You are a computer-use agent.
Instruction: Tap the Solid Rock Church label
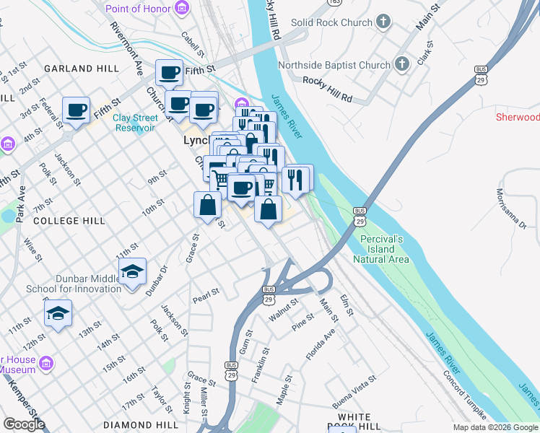pos(331,22)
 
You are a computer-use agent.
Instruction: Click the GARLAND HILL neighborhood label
pos(82,69)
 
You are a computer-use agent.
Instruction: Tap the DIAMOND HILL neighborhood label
pos(141,425)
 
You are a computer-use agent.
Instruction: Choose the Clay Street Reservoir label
pos(135,123)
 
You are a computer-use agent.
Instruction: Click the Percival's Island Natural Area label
pos(382,249)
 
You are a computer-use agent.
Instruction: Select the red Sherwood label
pos(517,117)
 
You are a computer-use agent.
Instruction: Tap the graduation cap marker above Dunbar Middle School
pos(132,272)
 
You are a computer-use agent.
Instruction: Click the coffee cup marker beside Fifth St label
pos(170,72)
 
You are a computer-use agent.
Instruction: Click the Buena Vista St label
pos(354,390)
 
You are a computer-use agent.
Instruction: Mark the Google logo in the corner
pos(24,424)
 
